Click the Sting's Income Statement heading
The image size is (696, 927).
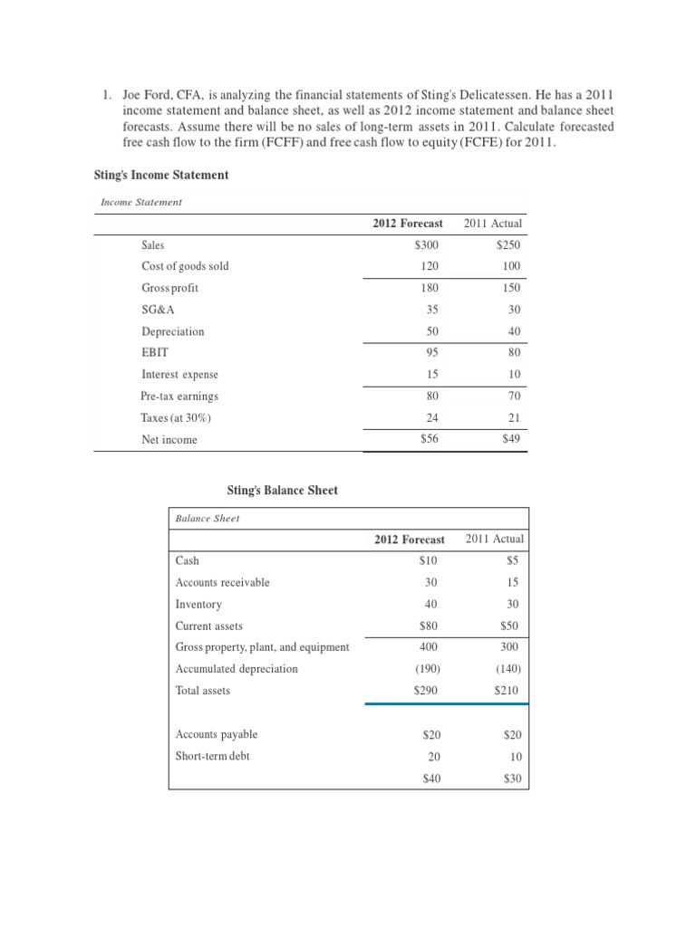tap(161, 175)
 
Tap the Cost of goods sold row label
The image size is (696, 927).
tap(185, 266)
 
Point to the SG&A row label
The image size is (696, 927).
tap(158, 310)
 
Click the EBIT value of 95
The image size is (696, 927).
tap(430, 352)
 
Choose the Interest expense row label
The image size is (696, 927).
tap(179, 374)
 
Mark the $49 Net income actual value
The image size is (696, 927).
tap(511, 439)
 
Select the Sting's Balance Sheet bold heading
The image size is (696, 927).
tap(282, 490)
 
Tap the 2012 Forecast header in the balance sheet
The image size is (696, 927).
tap(410, 540)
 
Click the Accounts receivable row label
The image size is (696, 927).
tap(222, 582)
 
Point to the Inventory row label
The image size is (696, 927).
tap(198, 604)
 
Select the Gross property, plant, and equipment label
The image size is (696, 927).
tap(262, 647)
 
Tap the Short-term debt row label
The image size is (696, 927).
tap(212, 756)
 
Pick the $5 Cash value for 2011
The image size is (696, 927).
tap(515, 560)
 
